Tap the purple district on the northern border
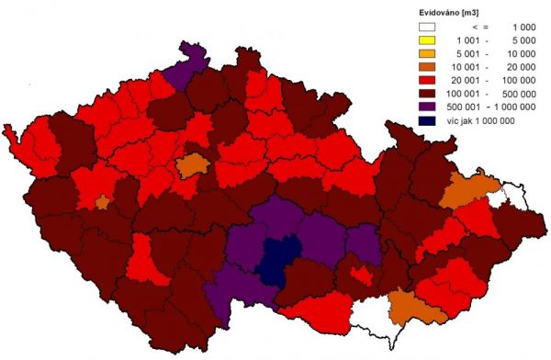click(x=192, y=64)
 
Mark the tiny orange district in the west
click(x=103, y=201)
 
